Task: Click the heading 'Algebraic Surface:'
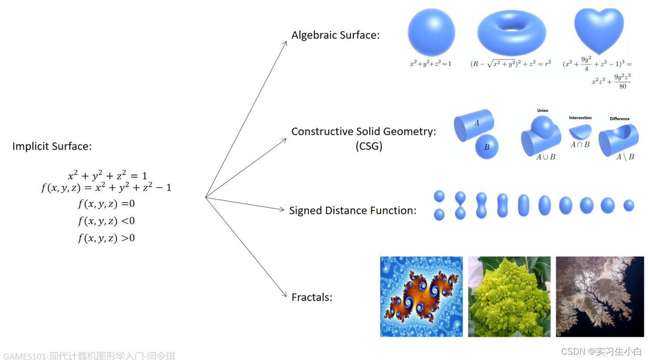[x=335, y=35]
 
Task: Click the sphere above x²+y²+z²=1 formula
[x=431, y=33]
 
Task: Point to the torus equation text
[x=510, y=64]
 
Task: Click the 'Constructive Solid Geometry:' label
[x=363, y=131]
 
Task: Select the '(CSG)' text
[x=369, y=146]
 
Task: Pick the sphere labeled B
[x=487, y=146]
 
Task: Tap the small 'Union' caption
[x=543, y=110]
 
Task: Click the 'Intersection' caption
[x=580, y=118]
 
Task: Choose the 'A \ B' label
[x=625, y=157]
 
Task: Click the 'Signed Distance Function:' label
[x=353, y=210]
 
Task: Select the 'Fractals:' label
[x=312, y=297]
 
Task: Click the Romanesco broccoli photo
[x=509, y=296]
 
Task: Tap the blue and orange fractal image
[x=421, y=296]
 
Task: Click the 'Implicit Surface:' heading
[x=52, y=146]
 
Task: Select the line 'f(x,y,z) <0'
[x=106, y=221]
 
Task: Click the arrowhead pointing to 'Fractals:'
[x=285, y=295]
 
